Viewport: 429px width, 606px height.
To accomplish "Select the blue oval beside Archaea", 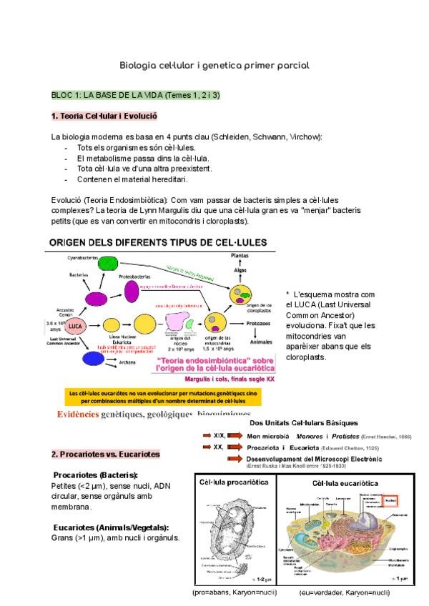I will (91, 357).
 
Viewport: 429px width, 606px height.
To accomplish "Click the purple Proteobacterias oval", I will (132, 291).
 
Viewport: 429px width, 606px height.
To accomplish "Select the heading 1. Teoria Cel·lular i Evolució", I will (104, 116).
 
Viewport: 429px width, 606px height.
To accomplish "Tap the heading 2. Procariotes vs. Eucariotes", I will (105, 454).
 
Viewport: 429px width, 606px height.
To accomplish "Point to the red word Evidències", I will (79, 414).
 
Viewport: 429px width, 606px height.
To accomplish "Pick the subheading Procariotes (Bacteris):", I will (96, 475).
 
